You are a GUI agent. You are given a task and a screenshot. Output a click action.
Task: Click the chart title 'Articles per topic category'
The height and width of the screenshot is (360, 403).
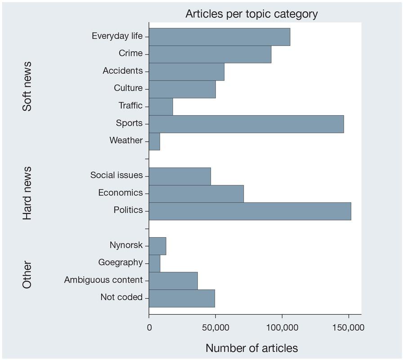(251, 14)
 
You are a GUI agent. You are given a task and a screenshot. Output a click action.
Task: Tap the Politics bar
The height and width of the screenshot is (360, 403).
(250, 211)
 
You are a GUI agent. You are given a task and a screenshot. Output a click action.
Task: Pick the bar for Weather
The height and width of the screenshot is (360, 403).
(154, 141)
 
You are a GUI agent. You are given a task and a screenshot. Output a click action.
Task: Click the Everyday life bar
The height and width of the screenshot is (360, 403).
(219, 36)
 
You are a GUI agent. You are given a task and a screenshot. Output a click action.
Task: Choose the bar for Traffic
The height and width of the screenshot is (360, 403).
(161, 107)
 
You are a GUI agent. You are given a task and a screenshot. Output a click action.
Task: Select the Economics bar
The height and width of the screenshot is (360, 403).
(196, 193)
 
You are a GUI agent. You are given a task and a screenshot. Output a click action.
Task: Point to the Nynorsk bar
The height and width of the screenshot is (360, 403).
(157, 246)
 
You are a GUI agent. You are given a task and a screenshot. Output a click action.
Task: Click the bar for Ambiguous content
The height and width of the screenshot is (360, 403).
(173, 281)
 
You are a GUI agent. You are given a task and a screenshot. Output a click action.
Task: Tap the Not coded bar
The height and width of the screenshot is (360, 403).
(182, 298)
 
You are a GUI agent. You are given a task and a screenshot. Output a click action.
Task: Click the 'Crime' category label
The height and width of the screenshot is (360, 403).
(130, 54)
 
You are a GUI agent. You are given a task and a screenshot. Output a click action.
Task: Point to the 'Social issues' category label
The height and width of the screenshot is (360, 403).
(116, 175)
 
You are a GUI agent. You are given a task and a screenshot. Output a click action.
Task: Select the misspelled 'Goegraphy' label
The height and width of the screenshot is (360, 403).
(120, 263)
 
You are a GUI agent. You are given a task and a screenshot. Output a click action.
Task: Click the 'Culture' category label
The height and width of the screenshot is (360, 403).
(128, 88)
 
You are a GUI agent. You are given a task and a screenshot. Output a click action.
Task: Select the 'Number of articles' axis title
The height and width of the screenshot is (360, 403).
(251, 348)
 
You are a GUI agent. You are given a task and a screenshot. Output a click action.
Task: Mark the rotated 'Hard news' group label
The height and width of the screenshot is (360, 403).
(27, 193)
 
